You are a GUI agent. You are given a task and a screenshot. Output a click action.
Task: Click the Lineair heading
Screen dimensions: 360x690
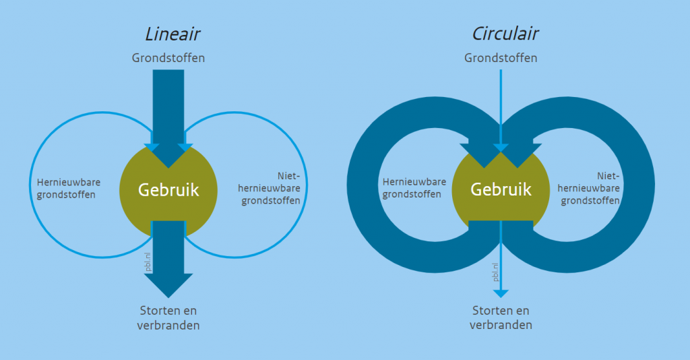tap(172, 34)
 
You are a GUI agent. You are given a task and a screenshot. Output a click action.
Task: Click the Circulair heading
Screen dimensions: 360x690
tap(505, 34)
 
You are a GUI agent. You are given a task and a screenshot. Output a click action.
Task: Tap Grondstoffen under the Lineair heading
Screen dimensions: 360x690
tap(168, 58)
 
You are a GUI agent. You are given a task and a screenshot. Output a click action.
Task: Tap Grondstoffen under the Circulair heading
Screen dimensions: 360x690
tap(501, 58)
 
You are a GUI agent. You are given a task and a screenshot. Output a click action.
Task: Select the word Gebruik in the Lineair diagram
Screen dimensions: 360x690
tap(168, 189)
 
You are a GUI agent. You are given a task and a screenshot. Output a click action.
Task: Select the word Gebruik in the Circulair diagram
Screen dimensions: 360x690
tap(501, 189)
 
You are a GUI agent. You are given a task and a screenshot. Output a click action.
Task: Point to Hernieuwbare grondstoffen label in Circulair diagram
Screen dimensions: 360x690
tap(414, 188)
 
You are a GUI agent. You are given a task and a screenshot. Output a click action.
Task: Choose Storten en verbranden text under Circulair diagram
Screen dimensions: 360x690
tap(501, 318)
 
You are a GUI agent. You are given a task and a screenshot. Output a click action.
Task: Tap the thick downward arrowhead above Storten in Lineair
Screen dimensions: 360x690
tap(168, 284)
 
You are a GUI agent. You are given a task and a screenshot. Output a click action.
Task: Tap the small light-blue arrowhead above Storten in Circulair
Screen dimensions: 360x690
tap(501, 293)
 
